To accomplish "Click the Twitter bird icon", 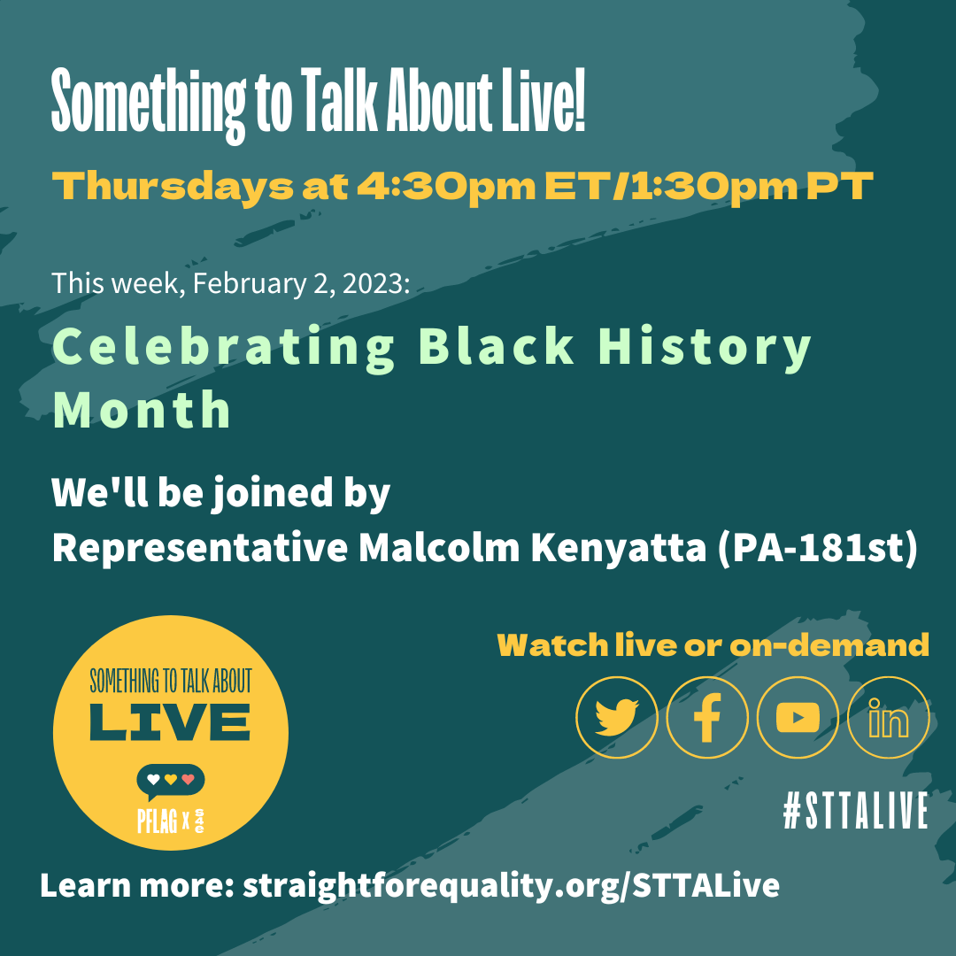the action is pos(616,718).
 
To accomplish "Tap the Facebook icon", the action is pos(707,718).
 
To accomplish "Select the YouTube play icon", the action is pos(798,718).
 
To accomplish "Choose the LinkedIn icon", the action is pos(889,718).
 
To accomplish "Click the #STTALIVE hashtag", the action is pos(855,810).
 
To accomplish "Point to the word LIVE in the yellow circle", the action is pos(169,722).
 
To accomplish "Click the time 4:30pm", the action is pos(445,187).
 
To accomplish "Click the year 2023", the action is pos(375,283).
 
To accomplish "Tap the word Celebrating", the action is pos(223,347).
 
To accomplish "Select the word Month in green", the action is pos(142,410).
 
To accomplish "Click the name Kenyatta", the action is pos(618,549).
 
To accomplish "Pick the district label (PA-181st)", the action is pos(817,549).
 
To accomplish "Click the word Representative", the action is pos(200,549).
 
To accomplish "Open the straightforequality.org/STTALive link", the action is pos(511,885).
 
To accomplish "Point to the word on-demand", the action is pos(829,645).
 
